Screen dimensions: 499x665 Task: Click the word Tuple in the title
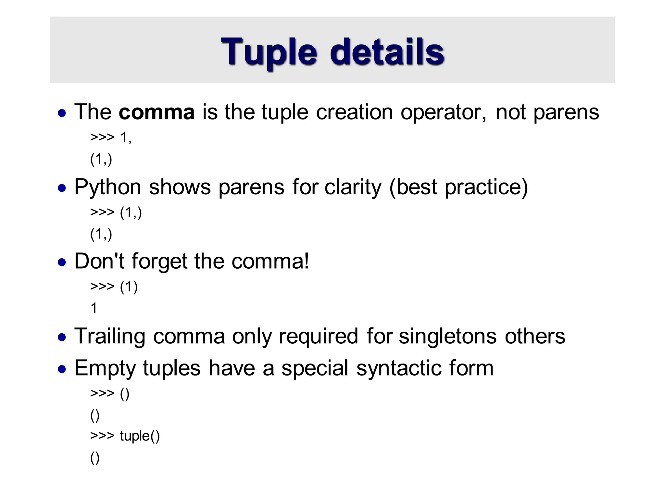pyautogui.click(x=269, y=52)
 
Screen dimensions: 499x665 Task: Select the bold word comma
pyautogui.click(x=157, y=112)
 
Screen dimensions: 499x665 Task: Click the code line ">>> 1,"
pyautogui.click(x=111, y=138)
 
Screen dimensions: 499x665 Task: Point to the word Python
pyautogui.click(x=108, y=187)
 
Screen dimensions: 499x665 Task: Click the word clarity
pyautogui.click(x=353, y=187)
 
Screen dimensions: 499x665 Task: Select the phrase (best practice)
pyautogui.click(x=458, y=187)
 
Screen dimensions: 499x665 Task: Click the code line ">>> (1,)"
pyautogui.click(x=116, y=212)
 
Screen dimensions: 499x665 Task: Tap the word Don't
pyautogui.click(x=99, y=261)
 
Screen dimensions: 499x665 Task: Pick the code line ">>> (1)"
pyautogui.click(x=114, y=287)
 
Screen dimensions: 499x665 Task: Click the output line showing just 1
pyautogui.click(x=94, y=308)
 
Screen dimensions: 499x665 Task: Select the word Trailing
pyautogui.click(x=110, y=336)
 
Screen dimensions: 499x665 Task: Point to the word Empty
pyautogui.click(x=105, y=368)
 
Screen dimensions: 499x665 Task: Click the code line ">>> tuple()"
pyautogui.click(x=125, y=436)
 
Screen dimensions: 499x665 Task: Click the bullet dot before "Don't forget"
pyautogui.click(x=62, y=262)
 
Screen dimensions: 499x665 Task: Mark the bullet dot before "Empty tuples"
pyautogui.click(x=62, y=369)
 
